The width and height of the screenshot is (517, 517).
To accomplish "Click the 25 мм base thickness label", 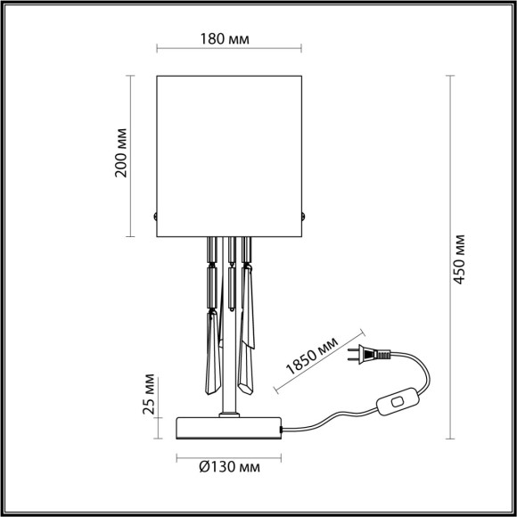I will (x=150, y=392).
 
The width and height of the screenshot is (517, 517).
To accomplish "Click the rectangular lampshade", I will (x=230, y=152).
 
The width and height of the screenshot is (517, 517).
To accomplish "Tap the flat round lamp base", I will (x=230, y=429).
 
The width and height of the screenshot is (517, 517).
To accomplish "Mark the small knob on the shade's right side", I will (x=306, y=216).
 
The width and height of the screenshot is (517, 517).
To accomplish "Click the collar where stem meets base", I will (x=230, y=414).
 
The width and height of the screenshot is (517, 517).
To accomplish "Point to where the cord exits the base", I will (x=283, y=429).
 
